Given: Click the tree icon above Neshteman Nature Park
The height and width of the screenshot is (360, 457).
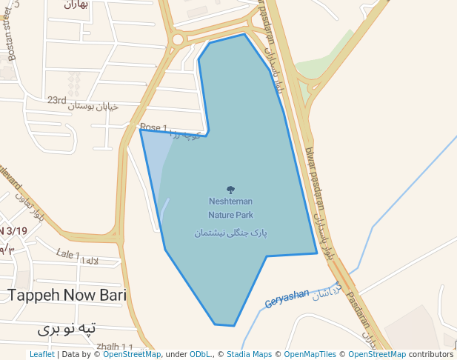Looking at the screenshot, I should [x=230, y=190].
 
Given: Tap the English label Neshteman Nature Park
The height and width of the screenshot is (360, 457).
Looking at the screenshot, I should [x=230, y=208].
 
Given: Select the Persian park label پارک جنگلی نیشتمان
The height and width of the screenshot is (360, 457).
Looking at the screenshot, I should [x=230, y=233].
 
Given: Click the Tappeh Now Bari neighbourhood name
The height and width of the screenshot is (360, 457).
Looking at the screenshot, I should [x=67, y=296].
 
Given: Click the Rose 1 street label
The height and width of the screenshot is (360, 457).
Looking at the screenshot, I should [x=153, y=127].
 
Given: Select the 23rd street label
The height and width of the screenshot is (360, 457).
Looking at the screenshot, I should [x=57, y=100].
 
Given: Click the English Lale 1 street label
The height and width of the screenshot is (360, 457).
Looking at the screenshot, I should [x=67, y=254].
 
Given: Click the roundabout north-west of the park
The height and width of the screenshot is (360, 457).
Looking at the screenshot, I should [x=178, y=39].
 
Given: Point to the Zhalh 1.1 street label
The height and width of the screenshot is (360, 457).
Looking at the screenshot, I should [x=115, y=347].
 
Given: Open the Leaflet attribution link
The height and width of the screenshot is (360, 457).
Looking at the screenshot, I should [x=41, y=355].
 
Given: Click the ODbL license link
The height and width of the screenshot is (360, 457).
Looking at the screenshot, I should [x=199, y=355].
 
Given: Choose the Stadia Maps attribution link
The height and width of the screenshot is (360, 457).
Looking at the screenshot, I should [x=249, y=355].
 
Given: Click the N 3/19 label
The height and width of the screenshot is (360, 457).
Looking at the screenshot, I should [x=13, y=231].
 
